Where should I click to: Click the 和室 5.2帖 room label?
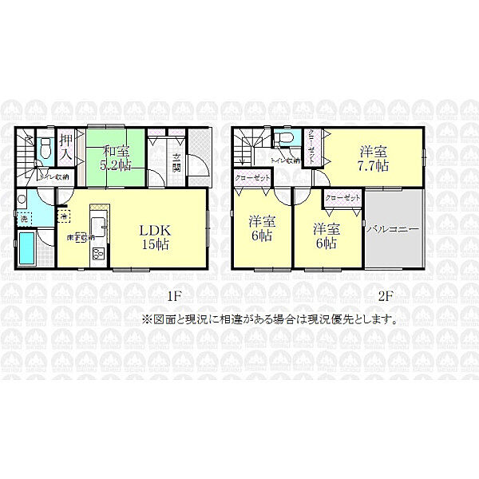[116, 159]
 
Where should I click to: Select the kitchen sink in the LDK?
[99, 224]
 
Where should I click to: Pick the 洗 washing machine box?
[24, 218]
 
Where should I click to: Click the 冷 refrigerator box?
[63, 215]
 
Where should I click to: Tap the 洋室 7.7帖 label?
[374, 159]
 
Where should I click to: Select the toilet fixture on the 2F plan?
[282, 140]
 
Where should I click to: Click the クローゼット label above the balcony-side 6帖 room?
[342, 196]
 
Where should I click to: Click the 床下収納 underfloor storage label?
[81, 236]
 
